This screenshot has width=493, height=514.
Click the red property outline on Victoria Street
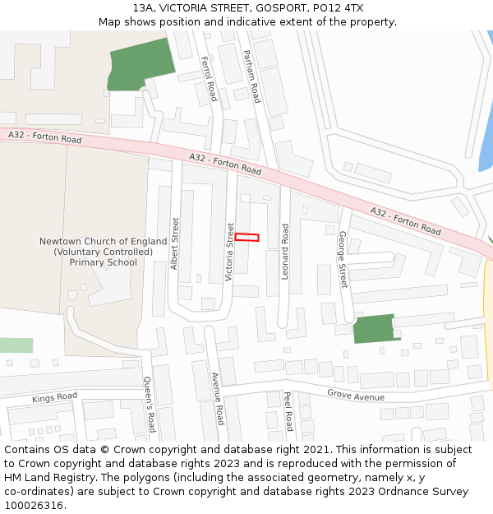tap(247, 238)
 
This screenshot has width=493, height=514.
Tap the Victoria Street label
tap(230, 252)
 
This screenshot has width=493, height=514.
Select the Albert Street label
tap(175, 243)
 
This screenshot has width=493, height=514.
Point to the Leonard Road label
tap(285, 252)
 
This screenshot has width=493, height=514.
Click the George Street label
tap(343, 259)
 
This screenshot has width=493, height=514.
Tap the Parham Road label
tap(251, 76)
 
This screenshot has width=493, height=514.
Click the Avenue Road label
tap(218, 398)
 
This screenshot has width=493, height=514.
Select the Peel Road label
tap(288, 410)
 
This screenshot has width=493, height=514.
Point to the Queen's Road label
tap(149, 404)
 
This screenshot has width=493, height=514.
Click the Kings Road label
tap(55, 398)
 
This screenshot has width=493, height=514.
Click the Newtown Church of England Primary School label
tap(103, 252)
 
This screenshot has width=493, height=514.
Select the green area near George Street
tap(374, 328)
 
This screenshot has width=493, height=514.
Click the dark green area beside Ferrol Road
tap(141, 63)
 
